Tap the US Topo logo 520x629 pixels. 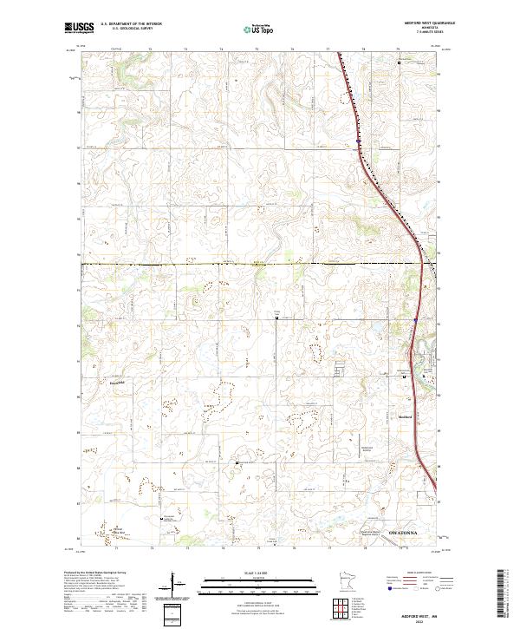pyautogui.click(x=259, y=28)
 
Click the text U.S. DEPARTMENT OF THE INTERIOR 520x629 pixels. pyautogui.click(x=131, y=24)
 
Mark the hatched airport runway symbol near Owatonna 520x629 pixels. pyautogui.click(x=389, y=541)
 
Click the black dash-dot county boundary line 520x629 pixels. pyautogui.click(x=217, y=263)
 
